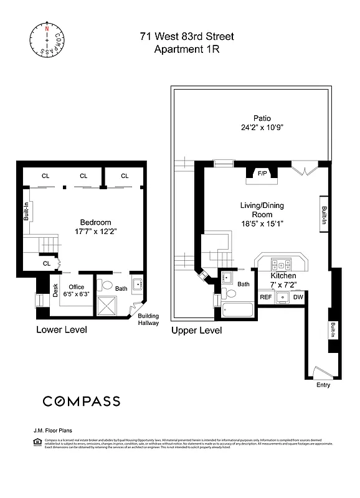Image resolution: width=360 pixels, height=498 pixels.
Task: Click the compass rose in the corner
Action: pos(45,40)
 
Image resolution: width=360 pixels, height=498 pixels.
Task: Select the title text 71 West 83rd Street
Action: pos(186,37)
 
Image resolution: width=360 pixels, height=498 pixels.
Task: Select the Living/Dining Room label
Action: pos(262,210)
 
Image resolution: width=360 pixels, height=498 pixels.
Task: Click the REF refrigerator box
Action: pos(266,298)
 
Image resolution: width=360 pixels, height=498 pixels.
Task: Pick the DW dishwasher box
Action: pos(298,298)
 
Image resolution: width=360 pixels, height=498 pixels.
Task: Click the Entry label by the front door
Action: pos(323,385)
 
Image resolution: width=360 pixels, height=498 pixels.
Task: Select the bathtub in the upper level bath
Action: pos(236,309)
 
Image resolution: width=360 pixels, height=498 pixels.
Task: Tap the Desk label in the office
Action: pos(55,290)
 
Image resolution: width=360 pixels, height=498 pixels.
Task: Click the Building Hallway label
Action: pos(148,319)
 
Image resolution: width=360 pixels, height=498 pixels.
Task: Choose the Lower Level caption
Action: pos(62,329)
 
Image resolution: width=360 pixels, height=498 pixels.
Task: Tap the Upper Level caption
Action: pos(197,331)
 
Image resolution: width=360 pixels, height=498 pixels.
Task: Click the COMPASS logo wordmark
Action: pos(81,401)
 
